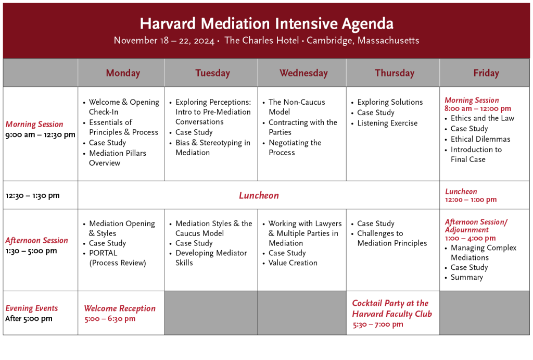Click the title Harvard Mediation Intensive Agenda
(x=266, y=23)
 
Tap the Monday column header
(x=123, y=73)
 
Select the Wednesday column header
(x=303, y=73)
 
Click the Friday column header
(x=486, y=73)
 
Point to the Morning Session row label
(x=34, y=125)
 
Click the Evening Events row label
(x=32, y=308)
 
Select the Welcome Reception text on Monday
(x=120, y=308)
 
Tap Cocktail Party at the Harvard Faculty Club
(x=391, y=308)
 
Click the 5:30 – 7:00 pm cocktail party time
(x=377, y=325)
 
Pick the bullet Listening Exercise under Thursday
(x=387, y=123)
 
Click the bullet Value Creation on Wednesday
(x=293, y=263)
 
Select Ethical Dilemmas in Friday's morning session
(x=480, y=139)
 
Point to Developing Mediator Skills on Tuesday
(x=211, y=258)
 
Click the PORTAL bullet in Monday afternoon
(x=103, y=253)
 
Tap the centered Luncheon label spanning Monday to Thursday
(x=259, y=196)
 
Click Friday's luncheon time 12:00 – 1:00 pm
(x=471, y=200)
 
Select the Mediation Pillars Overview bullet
(x=117, y=158)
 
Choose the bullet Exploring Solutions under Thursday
(x=389, y=102)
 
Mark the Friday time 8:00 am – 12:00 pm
(x=477, y=109)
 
